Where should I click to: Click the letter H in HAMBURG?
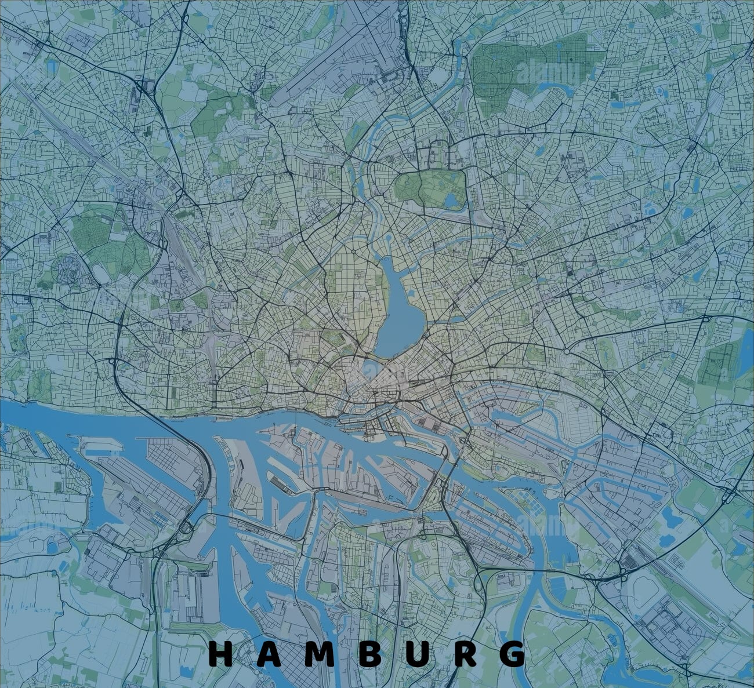click(220, 654)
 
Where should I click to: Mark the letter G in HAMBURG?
click(512, 654)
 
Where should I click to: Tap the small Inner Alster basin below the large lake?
click(371, 366)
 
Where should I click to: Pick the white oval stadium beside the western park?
click(101, 272)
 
